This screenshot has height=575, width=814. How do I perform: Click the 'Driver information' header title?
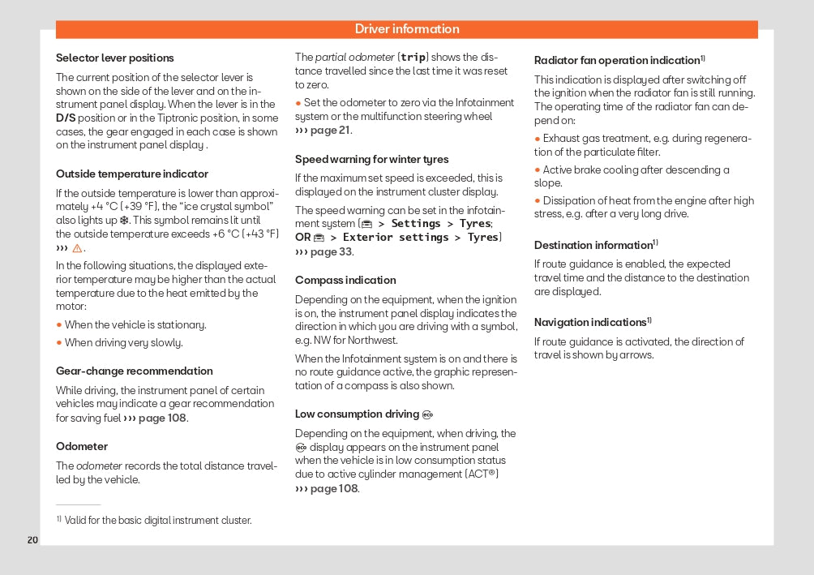click(407, 29)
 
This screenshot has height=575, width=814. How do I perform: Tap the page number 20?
click(32, 540)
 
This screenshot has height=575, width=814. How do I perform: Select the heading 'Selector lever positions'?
click(114, 58)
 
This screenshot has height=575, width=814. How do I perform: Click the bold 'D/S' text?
click(66, 118)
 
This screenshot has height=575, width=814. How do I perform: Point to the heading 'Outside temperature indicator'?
click(131, 174)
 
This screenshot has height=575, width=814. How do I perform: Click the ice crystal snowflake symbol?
click(124, 221)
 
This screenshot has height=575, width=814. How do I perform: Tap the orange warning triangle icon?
click(77, 248)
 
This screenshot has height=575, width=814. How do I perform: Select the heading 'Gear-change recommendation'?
click(134, 371)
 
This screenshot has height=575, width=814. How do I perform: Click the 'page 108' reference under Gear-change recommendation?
click(161, 418)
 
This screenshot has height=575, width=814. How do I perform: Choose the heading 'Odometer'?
click(81, 447)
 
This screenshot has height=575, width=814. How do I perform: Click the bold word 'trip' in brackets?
click(413, 58)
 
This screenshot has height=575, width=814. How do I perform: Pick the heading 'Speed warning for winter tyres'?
click(371, 160)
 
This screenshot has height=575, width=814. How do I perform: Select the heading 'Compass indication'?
click(345, 281)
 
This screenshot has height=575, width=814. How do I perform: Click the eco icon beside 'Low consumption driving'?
click(427, 415)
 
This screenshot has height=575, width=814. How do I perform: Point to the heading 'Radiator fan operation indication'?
click(617, 61)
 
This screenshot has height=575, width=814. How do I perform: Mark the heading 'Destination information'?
click(593, 246)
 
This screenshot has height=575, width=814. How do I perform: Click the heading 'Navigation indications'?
click(590, 323)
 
